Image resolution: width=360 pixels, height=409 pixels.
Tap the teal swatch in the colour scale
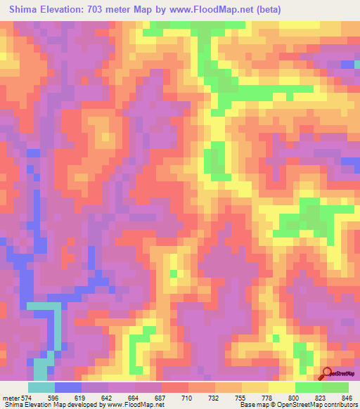tap(41, 388)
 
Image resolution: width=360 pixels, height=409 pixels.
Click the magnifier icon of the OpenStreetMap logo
tap(328, 373)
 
